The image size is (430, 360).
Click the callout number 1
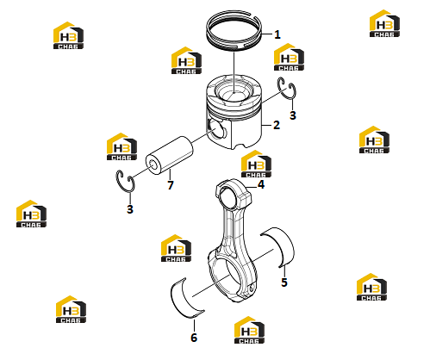coord(277,34)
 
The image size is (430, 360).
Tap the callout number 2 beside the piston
coord(277,125)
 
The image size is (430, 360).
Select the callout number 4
coord(261,184)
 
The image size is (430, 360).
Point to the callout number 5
coord(284,282)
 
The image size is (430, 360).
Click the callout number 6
coord(194,338)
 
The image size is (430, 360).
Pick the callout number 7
coord(171,185)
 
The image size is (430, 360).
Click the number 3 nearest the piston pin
coord(130,209)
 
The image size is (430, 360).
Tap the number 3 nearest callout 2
coord(293,115)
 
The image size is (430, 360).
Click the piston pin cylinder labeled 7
coord(169,156)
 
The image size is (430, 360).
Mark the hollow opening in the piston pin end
coord(153,164)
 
